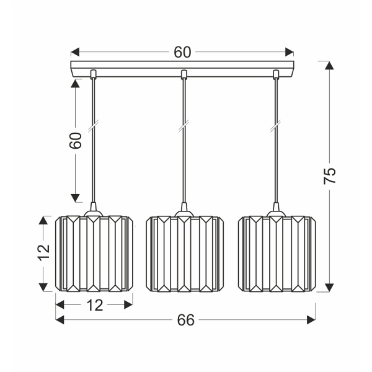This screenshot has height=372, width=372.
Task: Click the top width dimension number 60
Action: pyautogui.click(x=182, y=52)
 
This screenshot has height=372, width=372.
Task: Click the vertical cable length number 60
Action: pyautogui.click(x=75, y=141)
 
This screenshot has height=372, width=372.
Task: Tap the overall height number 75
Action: pyautogui.click(x=330, y=175)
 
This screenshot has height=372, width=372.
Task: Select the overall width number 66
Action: pyautogui.click(x=185, y=320)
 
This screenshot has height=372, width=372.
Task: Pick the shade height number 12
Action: pyautogui.click(x=42, y=253)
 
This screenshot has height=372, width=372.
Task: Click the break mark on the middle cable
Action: pyautogui.click(x=184, y=128)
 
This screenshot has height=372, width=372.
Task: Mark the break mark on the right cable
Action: pyautogui.click(x=276, y=128)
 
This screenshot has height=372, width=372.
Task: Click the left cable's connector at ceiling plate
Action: pyautogui.click(x=93, y=76)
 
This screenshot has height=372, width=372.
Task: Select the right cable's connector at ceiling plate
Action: pyautogui.click(x=276, y=76)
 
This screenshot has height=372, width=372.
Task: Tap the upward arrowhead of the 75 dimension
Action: pyautogui.click(x=329, y=65)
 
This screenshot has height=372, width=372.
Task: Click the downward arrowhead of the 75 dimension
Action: pyautogui.click(x=329, y=288)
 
